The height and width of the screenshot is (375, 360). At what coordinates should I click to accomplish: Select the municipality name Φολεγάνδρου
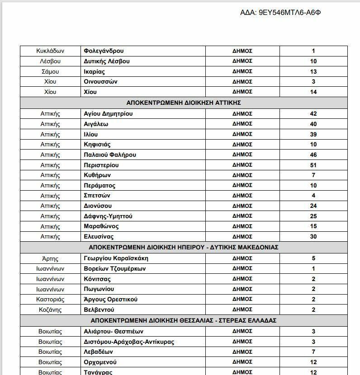coord(104,51)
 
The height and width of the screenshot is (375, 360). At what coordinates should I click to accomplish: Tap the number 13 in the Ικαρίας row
coord(313,71)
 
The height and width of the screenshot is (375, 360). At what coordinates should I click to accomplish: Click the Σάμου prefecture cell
coord(50,71)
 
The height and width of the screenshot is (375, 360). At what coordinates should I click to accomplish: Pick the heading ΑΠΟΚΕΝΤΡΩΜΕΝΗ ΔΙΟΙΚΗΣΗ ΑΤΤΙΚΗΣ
coord(184,103)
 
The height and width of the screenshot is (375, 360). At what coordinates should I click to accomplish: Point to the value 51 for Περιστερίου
coord(313,165)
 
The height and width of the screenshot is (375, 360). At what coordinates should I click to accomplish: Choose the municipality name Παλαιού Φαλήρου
coord(110,155)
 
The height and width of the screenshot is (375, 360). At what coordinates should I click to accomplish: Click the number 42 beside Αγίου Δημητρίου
coord(313,114)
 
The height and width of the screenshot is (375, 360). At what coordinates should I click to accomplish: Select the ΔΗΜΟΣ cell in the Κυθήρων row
coord(242,175)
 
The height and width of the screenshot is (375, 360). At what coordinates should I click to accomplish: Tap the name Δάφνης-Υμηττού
coord(108,216)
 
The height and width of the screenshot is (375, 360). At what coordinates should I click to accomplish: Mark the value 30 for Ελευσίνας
coord(313,236)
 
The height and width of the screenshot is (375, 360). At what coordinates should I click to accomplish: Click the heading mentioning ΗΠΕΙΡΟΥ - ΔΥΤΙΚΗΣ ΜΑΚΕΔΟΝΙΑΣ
coord(184,248)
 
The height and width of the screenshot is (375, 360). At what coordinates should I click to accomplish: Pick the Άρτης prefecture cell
coord(50,259)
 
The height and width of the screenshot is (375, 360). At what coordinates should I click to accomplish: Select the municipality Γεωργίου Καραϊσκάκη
coord(116,258)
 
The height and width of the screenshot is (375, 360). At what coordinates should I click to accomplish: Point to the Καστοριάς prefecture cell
coord(50,300)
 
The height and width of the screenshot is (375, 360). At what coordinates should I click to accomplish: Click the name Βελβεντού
coord(99,309)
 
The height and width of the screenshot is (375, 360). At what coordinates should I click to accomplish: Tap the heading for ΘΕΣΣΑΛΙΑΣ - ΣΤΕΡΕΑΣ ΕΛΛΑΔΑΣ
coord(184,321)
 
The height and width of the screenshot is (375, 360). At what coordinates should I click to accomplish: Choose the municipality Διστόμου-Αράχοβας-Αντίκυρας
coord(129,342)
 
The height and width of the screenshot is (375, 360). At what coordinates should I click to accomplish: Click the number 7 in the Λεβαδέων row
coord(313,352)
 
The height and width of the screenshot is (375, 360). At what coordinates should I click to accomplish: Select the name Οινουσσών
coord(101,82)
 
